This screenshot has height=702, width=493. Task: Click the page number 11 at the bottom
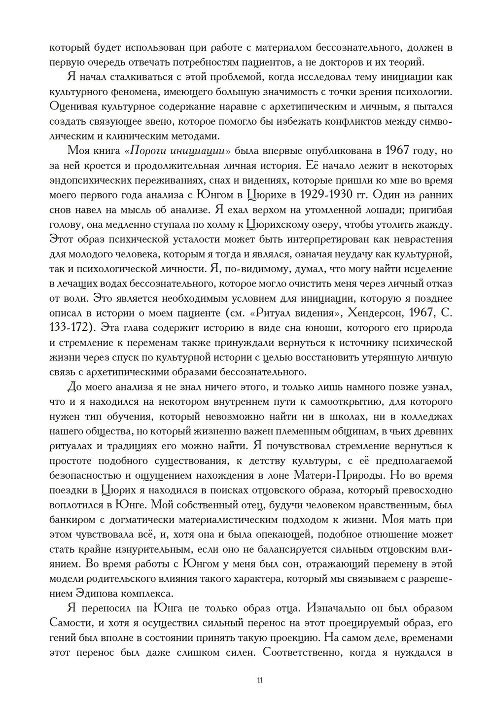[260, 681]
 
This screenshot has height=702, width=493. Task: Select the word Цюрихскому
[282, 224]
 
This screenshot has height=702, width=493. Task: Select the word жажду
[436, 224]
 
